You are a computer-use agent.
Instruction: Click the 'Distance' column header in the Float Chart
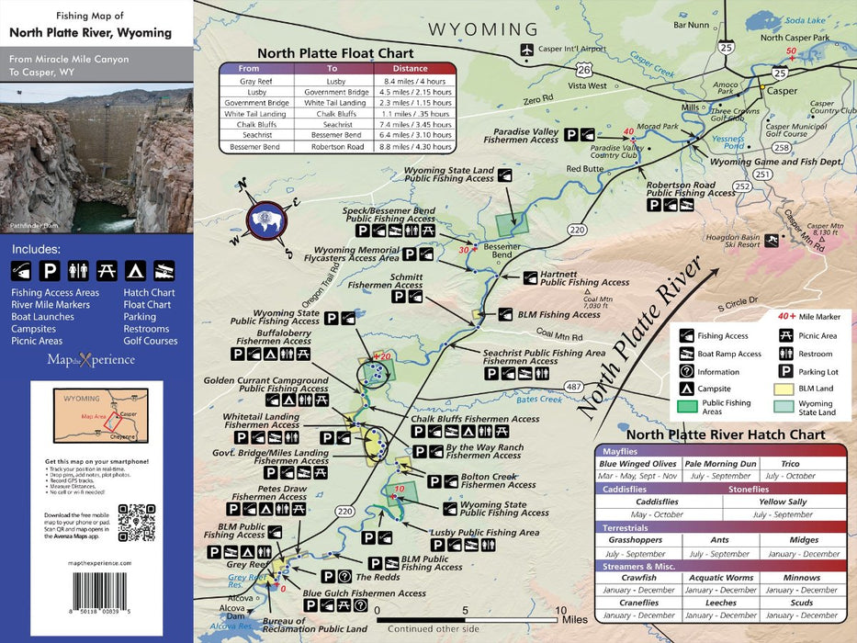(x=410, y=68)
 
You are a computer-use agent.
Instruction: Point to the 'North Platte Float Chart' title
(x=335, y=53)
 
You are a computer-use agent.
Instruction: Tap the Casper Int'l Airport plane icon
(x=527, y=50)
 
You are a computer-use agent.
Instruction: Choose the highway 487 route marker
(x=575, y=385)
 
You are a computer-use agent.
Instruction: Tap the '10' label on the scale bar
(x=560, y=610)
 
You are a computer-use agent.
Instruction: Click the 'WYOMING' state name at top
(x=482, y=29)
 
